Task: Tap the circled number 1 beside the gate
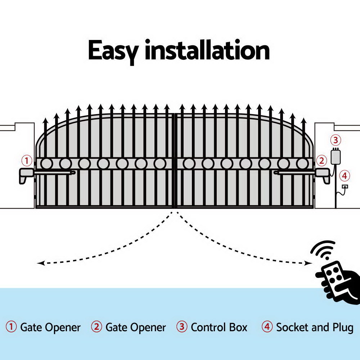[27, 160]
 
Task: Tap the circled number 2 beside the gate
[321, 160]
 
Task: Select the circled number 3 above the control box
[336, 140]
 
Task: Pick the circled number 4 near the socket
[345, 176]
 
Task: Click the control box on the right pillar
[336, 156]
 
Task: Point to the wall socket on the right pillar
[345, 186]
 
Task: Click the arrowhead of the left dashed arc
[40, 263]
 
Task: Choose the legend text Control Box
[219, 328]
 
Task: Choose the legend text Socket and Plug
[314, 328]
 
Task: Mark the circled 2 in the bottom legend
[96, 327]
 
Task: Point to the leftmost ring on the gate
[46, 164]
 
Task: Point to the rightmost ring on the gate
[302, 164]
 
